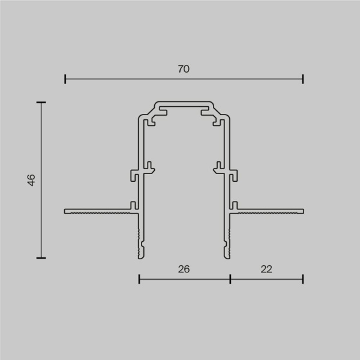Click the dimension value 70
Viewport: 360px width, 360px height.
[184, 69]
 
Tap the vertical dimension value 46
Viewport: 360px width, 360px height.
[31, 180]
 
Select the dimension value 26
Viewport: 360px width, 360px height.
[184, 269]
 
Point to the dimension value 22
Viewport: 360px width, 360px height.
[267, 269]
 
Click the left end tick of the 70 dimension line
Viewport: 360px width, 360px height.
[65, 79]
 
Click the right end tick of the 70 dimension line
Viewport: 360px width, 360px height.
[303, 79]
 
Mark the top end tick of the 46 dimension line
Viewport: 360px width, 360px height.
[41, 103]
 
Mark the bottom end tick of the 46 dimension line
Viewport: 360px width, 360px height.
[41, 257]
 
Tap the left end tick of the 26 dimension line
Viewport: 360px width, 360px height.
[139, 278]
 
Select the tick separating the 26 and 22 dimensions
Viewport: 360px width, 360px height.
[230, 278]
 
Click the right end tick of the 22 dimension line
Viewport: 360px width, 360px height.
[303, 278]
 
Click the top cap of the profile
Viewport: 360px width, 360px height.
[184, 103]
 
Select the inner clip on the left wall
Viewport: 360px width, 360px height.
[150, 166]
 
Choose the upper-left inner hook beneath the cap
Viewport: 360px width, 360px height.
[152, 120]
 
